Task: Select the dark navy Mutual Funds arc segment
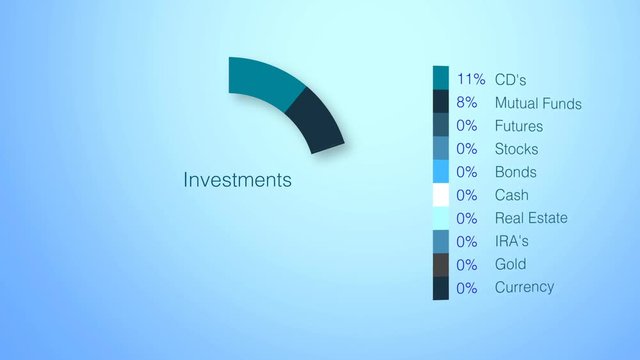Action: coord(317,119)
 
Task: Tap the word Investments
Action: coord(238,180)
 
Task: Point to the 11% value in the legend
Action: coord(470,80)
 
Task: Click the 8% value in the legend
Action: coord(467,103)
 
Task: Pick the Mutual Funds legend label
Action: coord(537,103)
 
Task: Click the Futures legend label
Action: coord(518,126)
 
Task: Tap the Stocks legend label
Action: coord(516,149)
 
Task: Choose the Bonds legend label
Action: coord(516,172)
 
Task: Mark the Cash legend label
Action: coord(511,195)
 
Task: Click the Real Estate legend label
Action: coord(530,218)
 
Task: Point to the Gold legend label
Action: coord(510,264)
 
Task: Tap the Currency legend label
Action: coord(524,287)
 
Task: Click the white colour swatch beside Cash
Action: coord(441,195)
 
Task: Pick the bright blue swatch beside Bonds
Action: coord(441,172)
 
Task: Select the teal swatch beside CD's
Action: coord(441,78)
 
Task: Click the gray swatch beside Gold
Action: coord(441,264)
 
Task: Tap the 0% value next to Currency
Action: coord(467,287)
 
